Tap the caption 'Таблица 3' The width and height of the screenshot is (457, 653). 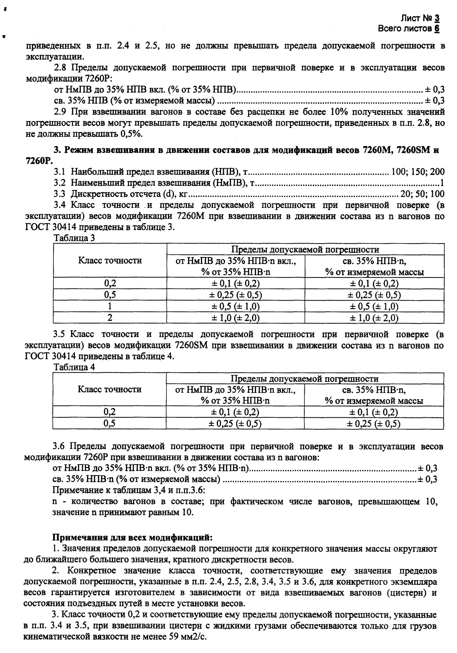74,238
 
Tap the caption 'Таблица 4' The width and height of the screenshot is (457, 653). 74,367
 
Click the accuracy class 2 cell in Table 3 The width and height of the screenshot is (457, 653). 110,318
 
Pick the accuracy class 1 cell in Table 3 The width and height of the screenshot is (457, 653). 110,306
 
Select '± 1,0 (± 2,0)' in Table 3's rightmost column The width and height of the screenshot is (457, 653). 374,318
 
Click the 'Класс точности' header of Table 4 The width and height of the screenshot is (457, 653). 110,389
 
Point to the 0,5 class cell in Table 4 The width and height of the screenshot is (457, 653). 110,424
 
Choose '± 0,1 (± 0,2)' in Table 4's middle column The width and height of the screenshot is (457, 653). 236,412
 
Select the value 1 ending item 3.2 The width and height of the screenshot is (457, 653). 442,183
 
